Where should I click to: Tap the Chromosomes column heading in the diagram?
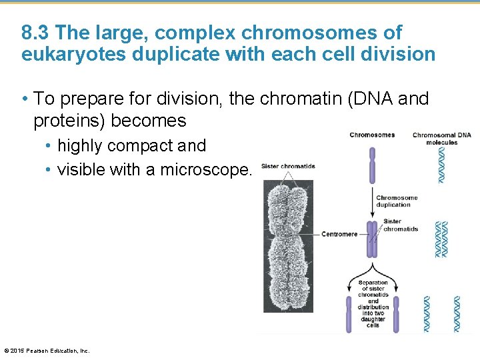click(372, 135)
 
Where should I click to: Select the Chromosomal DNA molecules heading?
click(441, 139)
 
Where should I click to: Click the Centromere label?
click(339, 234)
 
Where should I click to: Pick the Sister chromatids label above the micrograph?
click(288, 167)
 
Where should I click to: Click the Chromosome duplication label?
click(397, 201)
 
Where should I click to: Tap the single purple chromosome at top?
click(373, 165)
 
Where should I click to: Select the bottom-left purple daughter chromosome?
click(348, 314)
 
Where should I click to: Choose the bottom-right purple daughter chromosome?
click(395, 314)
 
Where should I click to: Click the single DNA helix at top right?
click(441, 165)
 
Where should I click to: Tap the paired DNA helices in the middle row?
click(441, 239)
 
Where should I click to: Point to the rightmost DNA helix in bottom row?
click(457, 313)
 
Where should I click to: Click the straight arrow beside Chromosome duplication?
click(373, 201)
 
